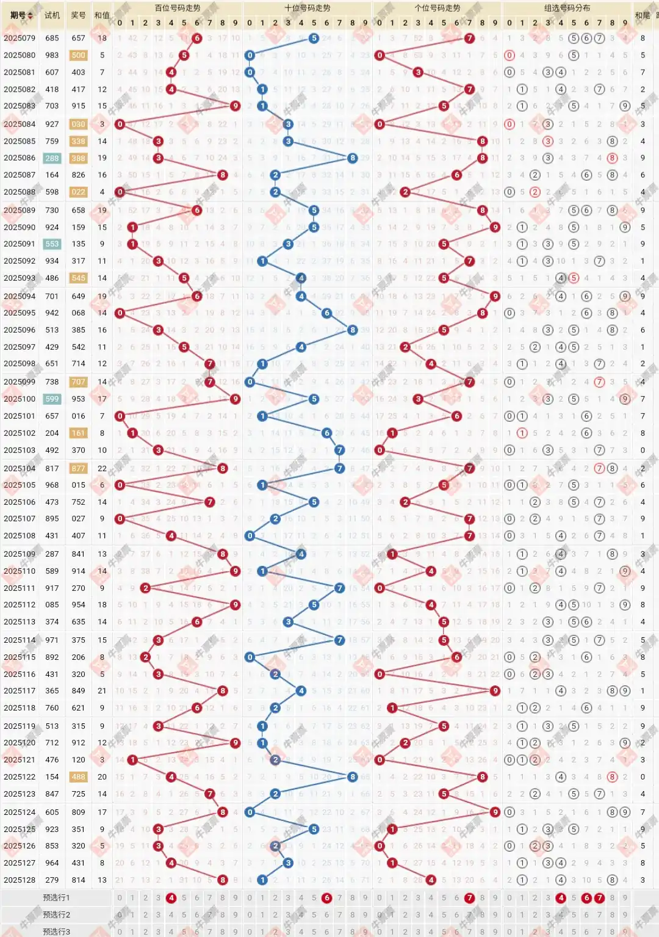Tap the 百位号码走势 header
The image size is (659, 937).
(177, 8)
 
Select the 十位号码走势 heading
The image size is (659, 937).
(307, 8)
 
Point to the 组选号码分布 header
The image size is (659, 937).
(567, 8)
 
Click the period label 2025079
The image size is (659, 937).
(20, 38)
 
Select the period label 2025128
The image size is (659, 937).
(20, 880)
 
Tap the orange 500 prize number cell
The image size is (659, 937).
(78, 55)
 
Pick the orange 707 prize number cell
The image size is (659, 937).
(78, 382)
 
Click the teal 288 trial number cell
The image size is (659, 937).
(52, 158)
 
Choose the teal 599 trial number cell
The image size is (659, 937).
(52, 399)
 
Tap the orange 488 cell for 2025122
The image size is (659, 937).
(78, 777)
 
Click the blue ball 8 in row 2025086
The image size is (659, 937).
(352, 158)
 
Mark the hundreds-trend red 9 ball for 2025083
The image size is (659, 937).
(235, 106)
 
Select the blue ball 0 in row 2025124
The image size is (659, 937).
(250, 812)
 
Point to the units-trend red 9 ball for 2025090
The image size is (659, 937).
(495, 227)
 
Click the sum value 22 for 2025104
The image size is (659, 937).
(102, 468)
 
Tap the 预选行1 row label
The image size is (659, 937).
(56, 897)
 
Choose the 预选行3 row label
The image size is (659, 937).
(56, 932)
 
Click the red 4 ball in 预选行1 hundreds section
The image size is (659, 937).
(171, 897)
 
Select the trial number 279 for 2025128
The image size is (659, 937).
(52, 880)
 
